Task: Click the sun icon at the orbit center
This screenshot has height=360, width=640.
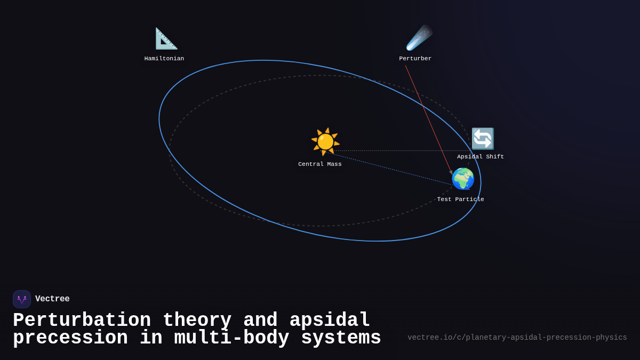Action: tap(325, 141)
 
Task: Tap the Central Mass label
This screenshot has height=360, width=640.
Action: tap(320, 164)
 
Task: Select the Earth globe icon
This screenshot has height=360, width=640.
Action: tap(463, 179)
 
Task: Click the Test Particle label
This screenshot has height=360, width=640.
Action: tap(461, 199)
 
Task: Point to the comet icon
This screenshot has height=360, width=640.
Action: tap(419, 38)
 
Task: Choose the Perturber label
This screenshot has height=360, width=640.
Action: tap(415, 59)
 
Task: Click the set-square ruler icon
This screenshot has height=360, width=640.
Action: tap(166, 38)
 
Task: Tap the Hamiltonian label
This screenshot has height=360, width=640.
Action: tap(164, 59)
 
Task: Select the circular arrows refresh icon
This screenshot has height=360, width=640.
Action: tap(483, 139)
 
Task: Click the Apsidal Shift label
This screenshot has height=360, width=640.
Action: tap(481, 157)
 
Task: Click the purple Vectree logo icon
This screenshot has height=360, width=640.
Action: tap(22, 299)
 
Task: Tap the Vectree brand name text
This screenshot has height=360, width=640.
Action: tap(52, 299)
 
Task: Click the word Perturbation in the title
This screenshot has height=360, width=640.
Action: tap(82, 321)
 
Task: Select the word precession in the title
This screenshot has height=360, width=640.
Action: tap(70, 338)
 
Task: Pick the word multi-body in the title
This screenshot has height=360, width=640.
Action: tap(231, 338)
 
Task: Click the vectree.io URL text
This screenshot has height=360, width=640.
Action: tap(517, 338)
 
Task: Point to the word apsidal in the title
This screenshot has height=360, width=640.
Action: tap(330, 321)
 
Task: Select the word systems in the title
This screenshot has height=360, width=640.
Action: tap(341, 338)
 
